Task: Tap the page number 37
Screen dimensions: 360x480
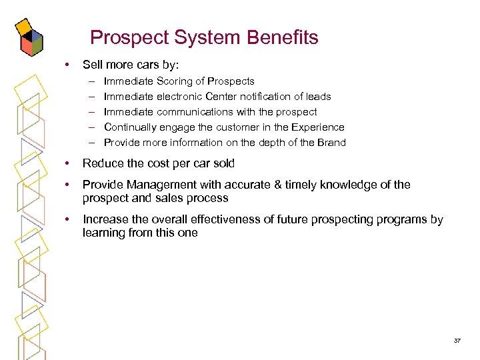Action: coord(457,341)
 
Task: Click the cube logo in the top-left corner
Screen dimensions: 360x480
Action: coord(31,37)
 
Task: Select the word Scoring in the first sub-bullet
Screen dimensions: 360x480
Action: coord(175,81)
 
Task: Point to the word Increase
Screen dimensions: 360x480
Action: coord(104,219)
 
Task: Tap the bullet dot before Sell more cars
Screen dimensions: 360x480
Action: coord(66,65)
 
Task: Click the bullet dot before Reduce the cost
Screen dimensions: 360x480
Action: coord(66,163)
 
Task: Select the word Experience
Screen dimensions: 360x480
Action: coord(318,127)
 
